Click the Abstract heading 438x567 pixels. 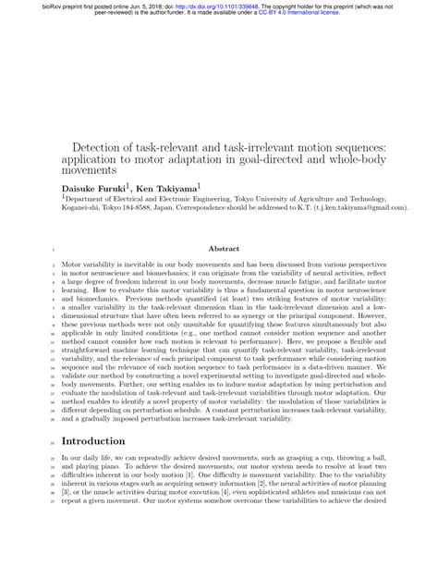tap(225, 249)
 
